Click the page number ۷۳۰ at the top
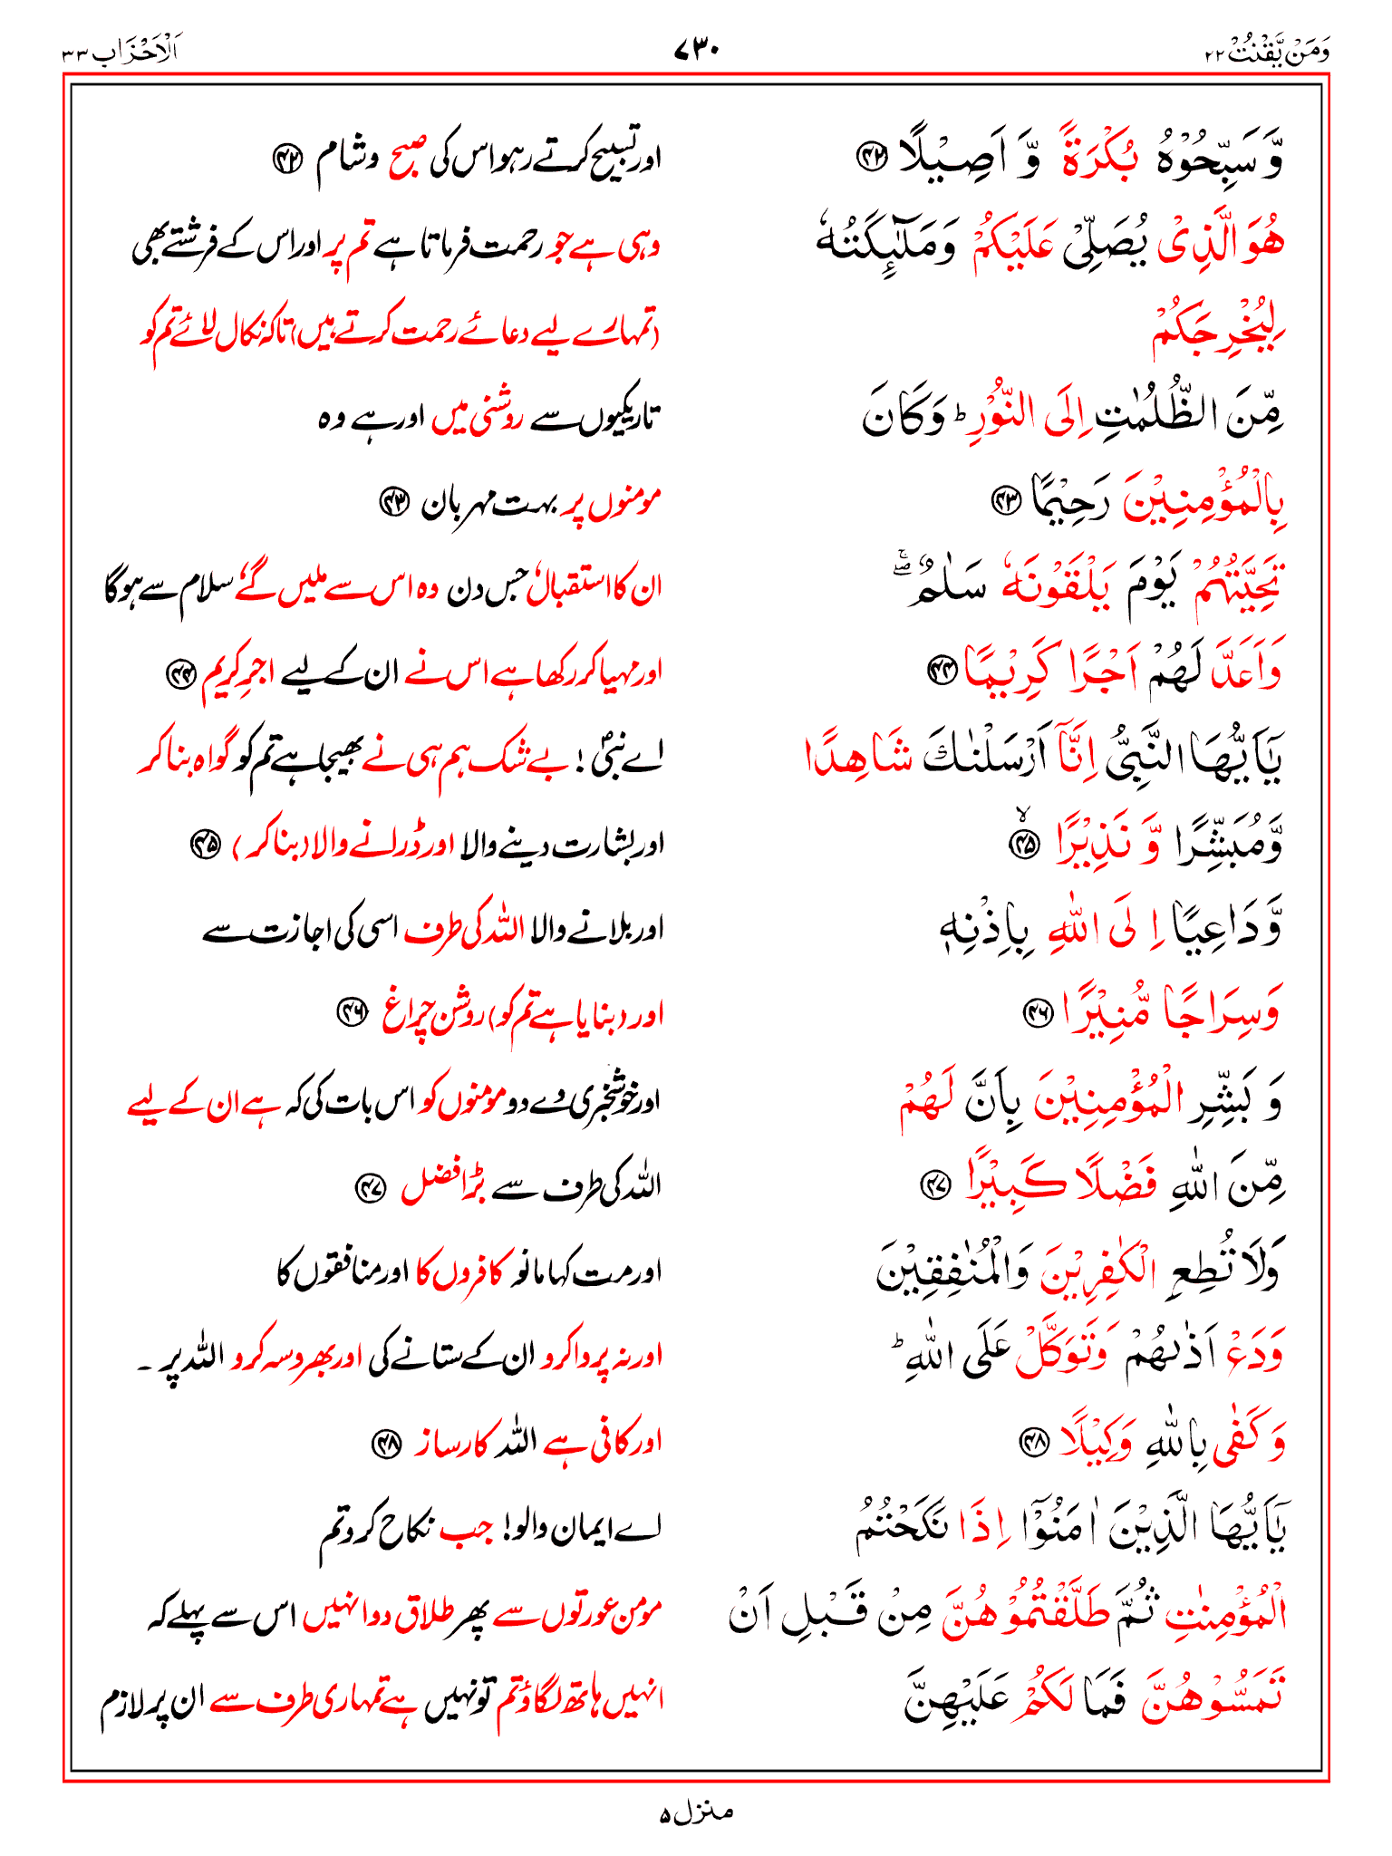click(696, 51)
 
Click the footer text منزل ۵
click(695, 1812)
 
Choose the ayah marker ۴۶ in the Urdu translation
click(351, 1013)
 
